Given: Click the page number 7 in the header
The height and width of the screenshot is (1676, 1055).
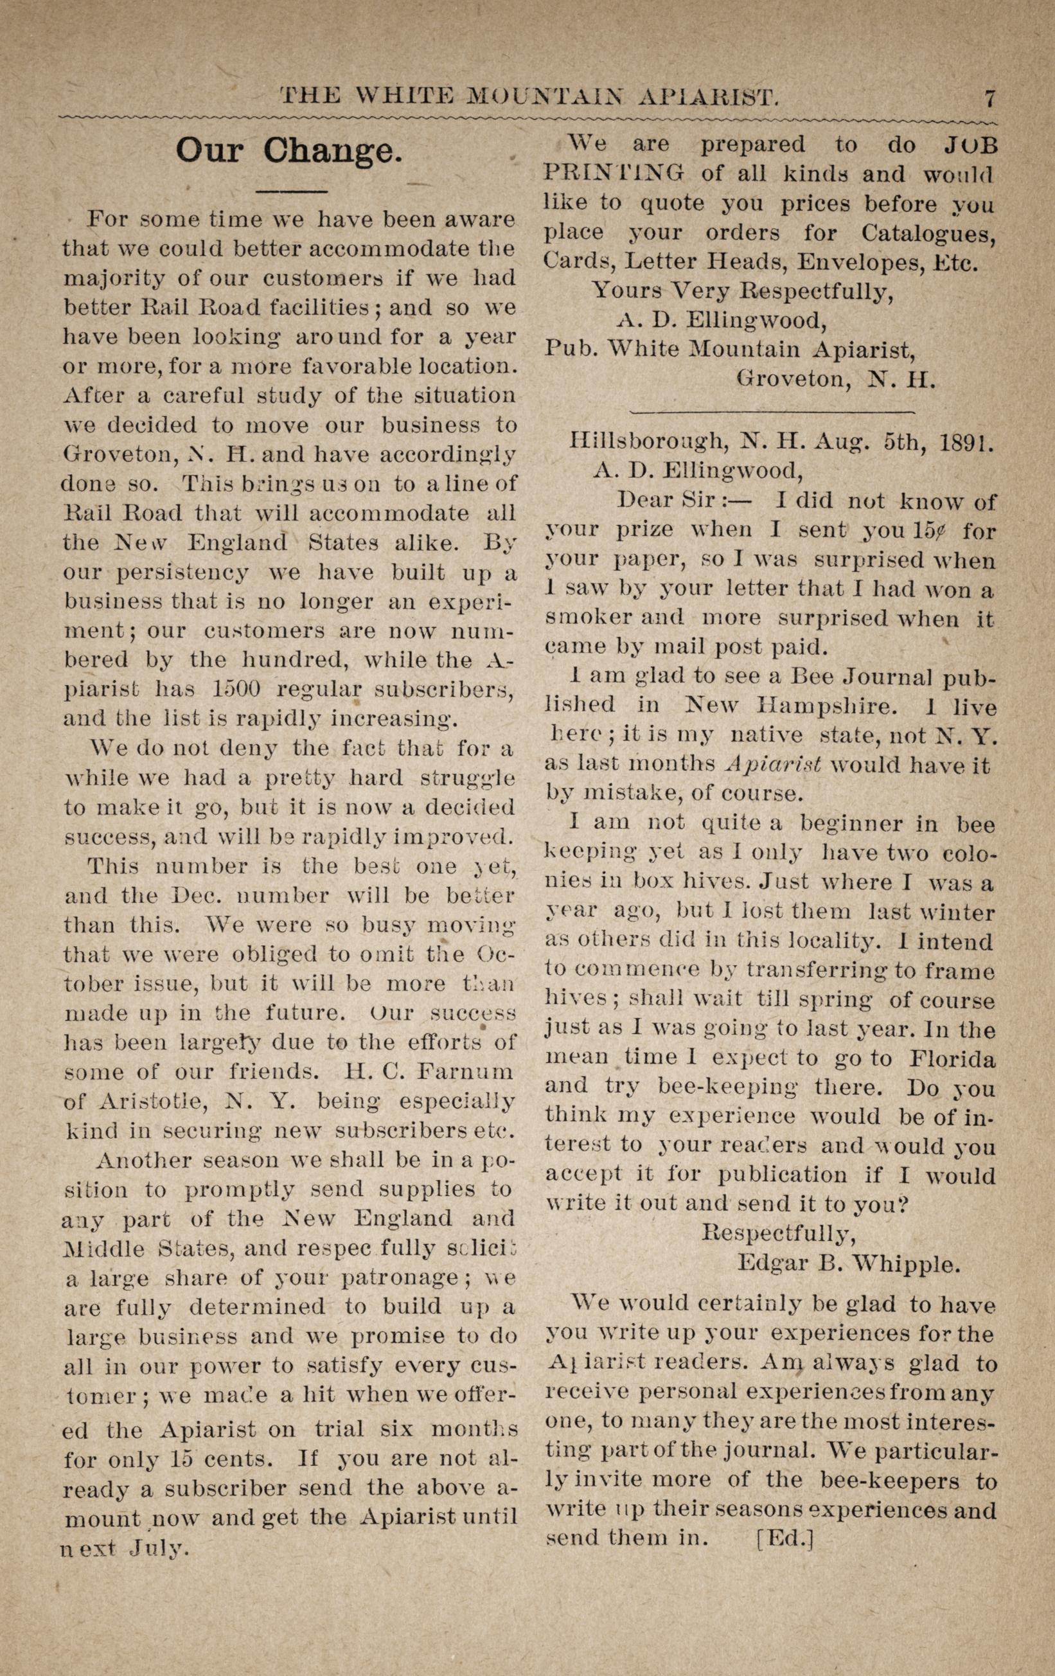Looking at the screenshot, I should tap(989, 98).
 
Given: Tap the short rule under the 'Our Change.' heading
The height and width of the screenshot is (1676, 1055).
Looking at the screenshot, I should tap(292, 191).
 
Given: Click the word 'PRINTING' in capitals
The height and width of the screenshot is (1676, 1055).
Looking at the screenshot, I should tap(613, 174).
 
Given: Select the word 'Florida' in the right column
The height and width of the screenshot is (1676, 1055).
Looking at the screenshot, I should tap(952, 1058).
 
